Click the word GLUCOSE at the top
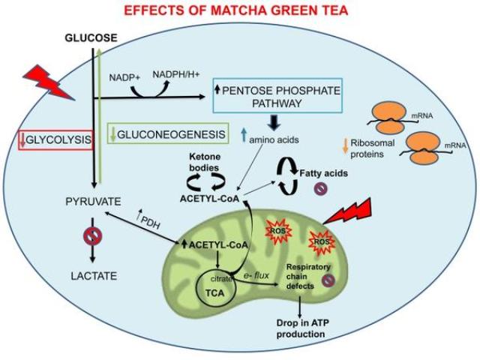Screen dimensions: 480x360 [x=91, y=37]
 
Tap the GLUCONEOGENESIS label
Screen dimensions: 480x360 [x=168, y=134]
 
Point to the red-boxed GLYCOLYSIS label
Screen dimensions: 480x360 [x=55, y=140]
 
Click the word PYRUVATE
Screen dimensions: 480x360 [x=93, y=202]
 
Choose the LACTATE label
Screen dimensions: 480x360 [x=94, y=276]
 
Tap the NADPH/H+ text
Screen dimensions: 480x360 [x=176, y=74]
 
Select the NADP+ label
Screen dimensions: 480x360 [x=124, y=77]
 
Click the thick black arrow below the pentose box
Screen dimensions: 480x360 [x=274, y=122]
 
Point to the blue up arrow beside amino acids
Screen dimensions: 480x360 [x=244, y=135]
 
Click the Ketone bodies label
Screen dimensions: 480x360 [x=204, y=162]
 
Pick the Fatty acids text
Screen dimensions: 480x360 [x=323, y=173]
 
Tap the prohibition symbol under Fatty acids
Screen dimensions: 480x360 [x=321, y=188]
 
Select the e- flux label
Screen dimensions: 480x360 [x=256, y=275]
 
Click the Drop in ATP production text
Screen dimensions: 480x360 [x=302, y=328]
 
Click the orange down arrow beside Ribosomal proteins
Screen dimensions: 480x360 [x=346, y=145]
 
